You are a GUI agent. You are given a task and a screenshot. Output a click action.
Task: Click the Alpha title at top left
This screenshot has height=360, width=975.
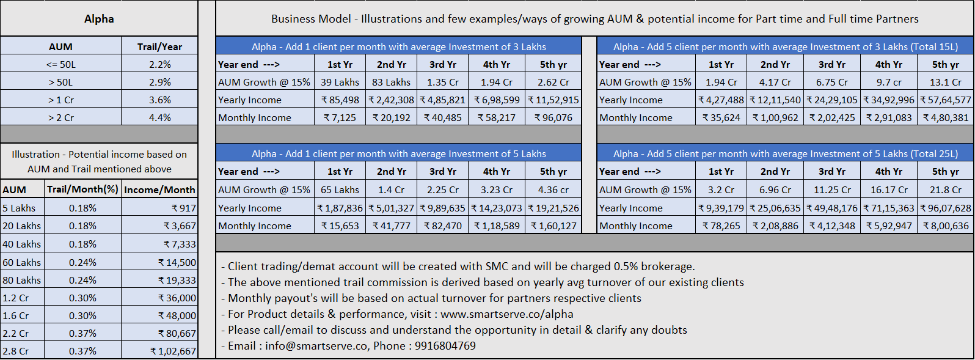click(99, 19)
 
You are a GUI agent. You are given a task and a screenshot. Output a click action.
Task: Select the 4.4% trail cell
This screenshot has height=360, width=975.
click(159, 117)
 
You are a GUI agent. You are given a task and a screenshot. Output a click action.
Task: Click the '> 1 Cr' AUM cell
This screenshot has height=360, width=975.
click(61, 100)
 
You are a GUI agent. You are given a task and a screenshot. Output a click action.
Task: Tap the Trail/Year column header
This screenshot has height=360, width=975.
click(159, 46)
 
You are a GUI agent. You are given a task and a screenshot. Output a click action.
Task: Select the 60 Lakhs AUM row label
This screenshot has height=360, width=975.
click(22, 262)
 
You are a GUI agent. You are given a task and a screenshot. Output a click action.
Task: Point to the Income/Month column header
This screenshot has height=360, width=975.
click(159, 190)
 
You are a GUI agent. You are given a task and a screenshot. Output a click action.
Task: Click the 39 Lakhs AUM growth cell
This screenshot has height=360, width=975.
click(340, 83)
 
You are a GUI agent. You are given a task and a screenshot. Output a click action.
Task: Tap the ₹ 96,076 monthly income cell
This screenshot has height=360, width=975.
click(553, 117)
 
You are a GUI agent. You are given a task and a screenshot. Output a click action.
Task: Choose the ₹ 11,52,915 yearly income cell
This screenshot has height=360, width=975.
click(553, 100)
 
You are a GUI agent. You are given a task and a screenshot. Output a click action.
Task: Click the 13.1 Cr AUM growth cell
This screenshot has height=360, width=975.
click(946, 83)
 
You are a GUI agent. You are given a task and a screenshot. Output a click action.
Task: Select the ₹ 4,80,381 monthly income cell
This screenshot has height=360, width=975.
click(946, 117)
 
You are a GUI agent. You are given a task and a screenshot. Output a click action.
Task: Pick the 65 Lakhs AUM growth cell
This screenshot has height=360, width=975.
click(340, 190)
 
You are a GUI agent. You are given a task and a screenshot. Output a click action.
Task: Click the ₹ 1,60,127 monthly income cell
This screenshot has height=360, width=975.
click(553, 226)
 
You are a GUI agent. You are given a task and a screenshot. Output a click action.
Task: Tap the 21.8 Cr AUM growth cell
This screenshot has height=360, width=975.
click(946, 190)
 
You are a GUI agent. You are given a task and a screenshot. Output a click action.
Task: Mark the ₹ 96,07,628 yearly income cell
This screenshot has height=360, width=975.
click(946, 208)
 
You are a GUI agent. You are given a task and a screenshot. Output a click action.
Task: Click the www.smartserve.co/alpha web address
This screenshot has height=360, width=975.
click(506, 314)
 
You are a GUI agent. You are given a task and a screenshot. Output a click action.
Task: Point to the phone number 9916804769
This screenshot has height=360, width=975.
click(445, 346)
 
